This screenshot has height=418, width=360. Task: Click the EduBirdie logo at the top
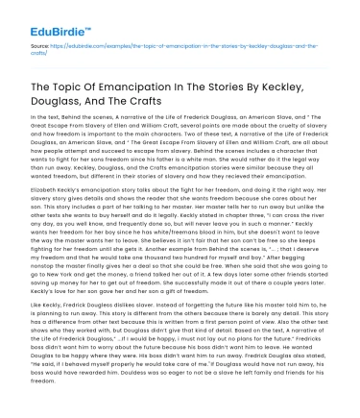click(47, 15)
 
